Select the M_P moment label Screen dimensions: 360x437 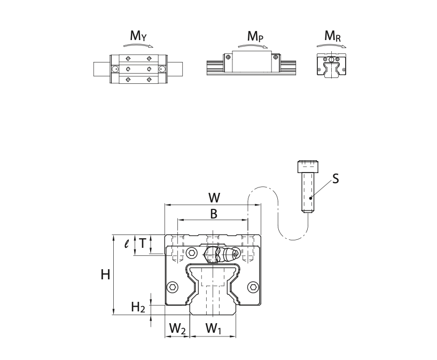point(255,36)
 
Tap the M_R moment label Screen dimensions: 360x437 point(332,36)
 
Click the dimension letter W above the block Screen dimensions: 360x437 point(214,198)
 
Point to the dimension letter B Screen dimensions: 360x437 point(213,214)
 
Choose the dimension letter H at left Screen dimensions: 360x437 point(105,275)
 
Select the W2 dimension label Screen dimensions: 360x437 point(177,329)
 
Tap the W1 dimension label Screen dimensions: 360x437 point(213,329)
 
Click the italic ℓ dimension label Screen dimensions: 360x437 point(126,244)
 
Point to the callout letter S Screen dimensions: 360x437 point(335,179)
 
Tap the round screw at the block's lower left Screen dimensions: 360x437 point(173,287)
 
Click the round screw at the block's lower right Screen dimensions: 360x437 point(253,287)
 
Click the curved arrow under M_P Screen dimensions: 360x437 point(254,46)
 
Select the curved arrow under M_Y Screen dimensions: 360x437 point(138,46)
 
